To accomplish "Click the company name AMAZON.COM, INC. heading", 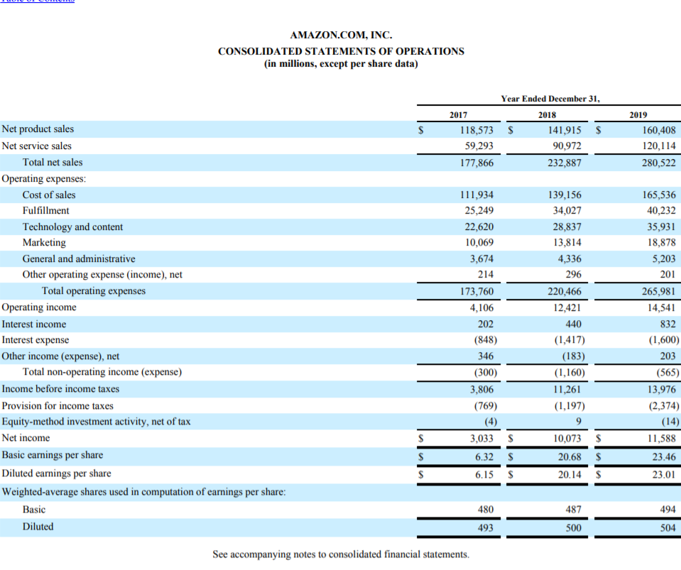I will (x=341, y=35).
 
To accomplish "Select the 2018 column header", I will (x=547, y=114).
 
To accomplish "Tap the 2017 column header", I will (x=459, y=114).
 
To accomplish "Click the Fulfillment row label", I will (x=46, y=211).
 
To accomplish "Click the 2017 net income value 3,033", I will (x=481, y=439).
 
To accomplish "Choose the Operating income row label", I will (x=39, y=307).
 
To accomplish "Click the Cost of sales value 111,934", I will (x=477, y=195).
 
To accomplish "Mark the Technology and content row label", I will (x=72, y=227).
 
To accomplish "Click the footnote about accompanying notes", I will (x=341, y=554).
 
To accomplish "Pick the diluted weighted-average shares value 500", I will (x=573, y=527).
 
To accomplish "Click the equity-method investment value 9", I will (x=579, y=422).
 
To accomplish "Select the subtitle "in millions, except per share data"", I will (x=341, y=64).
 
